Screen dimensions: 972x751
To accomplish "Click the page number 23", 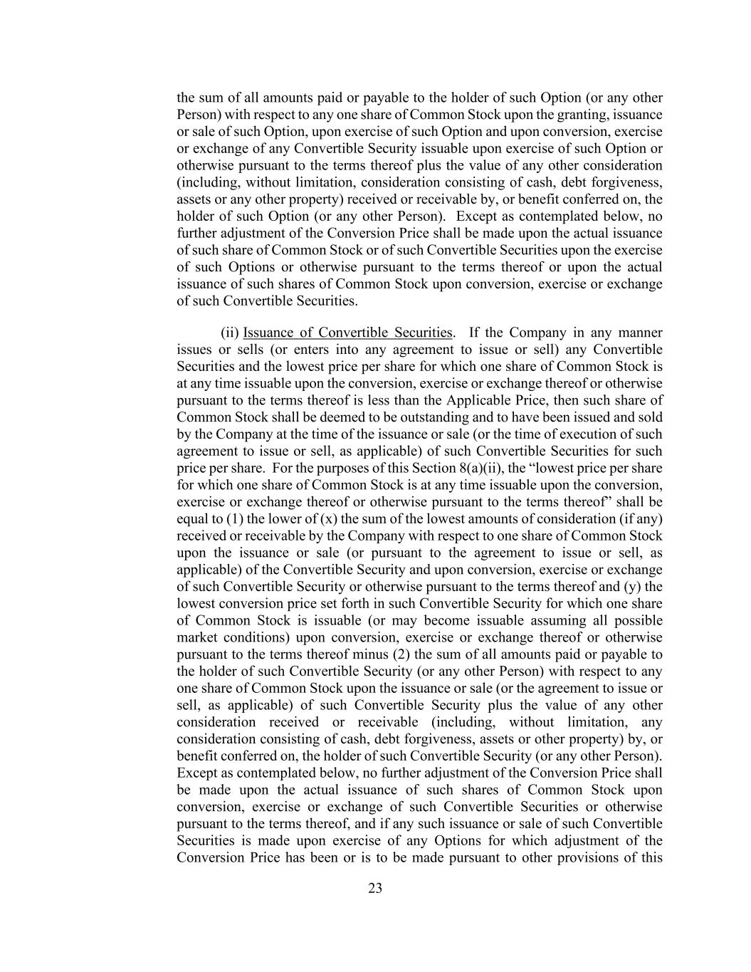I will [x=375, y=888].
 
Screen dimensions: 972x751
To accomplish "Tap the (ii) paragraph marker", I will [x=230, y=333].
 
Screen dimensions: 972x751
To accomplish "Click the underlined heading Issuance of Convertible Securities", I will [x=347, y=333].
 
